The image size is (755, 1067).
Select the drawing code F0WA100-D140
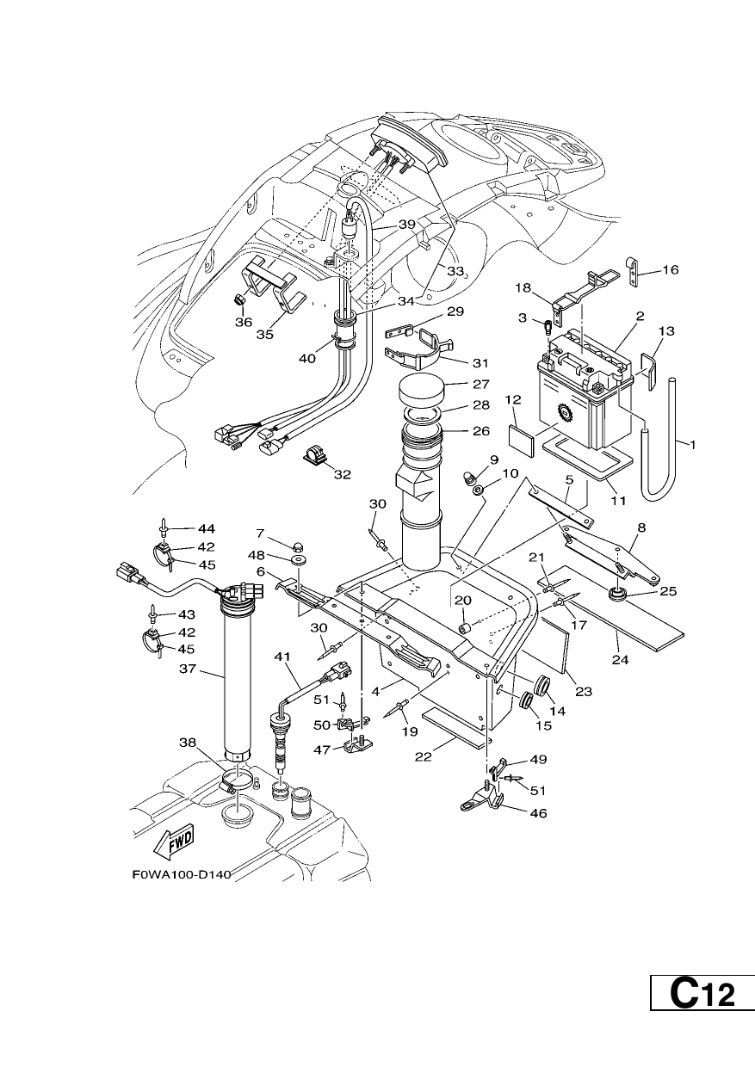click(x=182, y=875)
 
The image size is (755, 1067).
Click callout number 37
click(x=188, y=669)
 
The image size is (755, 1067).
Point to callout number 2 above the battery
click(x=640, y=316)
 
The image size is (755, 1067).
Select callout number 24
click(x=620, y=660)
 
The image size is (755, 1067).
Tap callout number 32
click(x=343, y=474)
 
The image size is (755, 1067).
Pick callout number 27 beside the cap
click(x=481, y=384)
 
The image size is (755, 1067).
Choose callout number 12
click(x=513, y=399)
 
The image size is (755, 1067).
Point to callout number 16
click(x=670, y=269)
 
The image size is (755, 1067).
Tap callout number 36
click(x=243, y=323)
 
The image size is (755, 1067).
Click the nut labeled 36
click(x=241, y=300)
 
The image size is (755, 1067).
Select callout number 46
click(x=538, y=813)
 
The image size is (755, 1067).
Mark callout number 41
click(x=282, y=657)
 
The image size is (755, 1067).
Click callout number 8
click(x=641, y=527)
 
